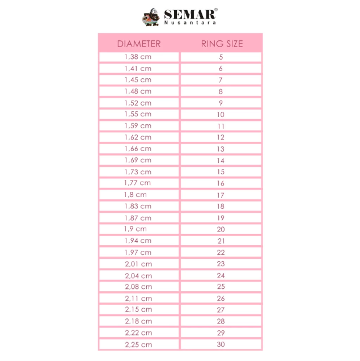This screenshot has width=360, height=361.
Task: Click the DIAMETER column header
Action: (x=139, y=44)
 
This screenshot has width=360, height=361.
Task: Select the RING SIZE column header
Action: (x=222, y=44)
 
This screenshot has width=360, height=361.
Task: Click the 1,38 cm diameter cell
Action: (x=138, y=57)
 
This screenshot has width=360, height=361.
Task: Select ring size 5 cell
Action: (x=221, y=57)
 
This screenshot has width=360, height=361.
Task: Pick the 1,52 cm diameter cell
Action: (x=138, y=103)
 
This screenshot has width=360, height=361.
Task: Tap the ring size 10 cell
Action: (x=221, y=114)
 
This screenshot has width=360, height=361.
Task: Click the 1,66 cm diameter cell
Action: (x=138, y=149)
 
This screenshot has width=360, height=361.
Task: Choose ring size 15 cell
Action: (x=221, y=171)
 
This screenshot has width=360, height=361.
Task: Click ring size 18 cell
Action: (x=221, y=206)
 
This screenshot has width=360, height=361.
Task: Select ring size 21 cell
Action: (x=221, y=241)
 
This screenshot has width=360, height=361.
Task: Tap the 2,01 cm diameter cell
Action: (x=138, y=263)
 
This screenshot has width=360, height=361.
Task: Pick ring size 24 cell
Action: (x=221, y=275)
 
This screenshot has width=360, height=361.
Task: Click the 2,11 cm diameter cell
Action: (x=138, y=298)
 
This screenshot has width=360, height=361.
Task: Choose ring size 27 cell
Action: (x=221, y=309)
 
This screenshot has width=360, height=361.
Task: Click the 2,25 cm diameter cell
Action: (x=138, y=344)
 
